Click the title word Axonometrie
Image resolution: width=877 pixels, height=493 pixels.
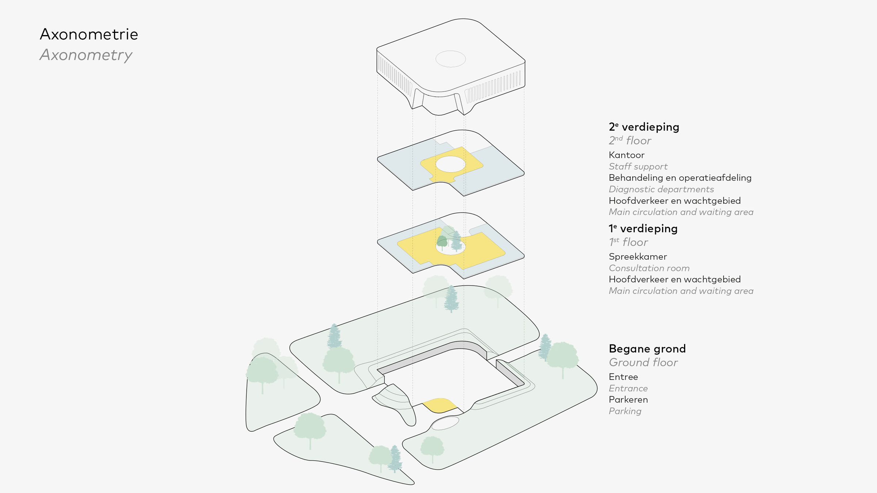click(x=89, y=34)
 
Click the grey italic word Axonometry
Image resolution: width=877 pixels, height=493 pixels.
click(x=86, y=55)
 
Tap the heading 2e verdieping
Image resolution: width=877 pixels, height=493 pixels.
click(x=644, y=127)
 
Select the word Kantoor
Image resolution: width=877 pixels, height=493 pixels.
click(x=626, y=155)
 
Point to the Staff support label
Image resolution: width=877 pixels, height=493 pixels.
click(x=638, y=167)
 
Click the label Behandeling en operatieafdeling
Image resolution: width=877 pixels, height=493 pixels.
click(x=680, y=178)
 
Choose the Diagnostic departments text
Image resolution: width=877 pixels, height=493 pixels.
click(x=661, y=189)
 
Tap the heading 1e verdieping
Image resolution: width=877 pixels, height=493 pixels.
click(x=643, y=229)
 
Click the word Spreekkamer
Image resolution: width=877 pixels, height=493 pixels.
click(x=638, y=257)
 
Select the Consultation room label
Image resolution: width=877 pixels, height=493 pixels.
click(x=649, y=268)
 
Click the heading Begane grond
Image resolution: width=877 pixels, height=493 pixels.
click(x=647, y=349)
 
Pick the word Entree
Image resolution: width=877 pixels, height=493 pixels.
click(x=623, y=377)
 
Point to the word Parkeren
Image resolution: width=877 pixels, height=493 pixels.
click(x=628, y=400)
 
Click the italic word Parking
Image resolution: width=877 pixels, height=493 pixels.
click(x=625, y=411)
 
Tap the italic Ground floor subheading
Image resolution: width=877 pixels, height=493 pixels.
click(x=643, y=363)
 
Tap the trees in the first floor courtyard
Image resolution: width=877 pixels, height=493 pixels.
click(x=449, y=239)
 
